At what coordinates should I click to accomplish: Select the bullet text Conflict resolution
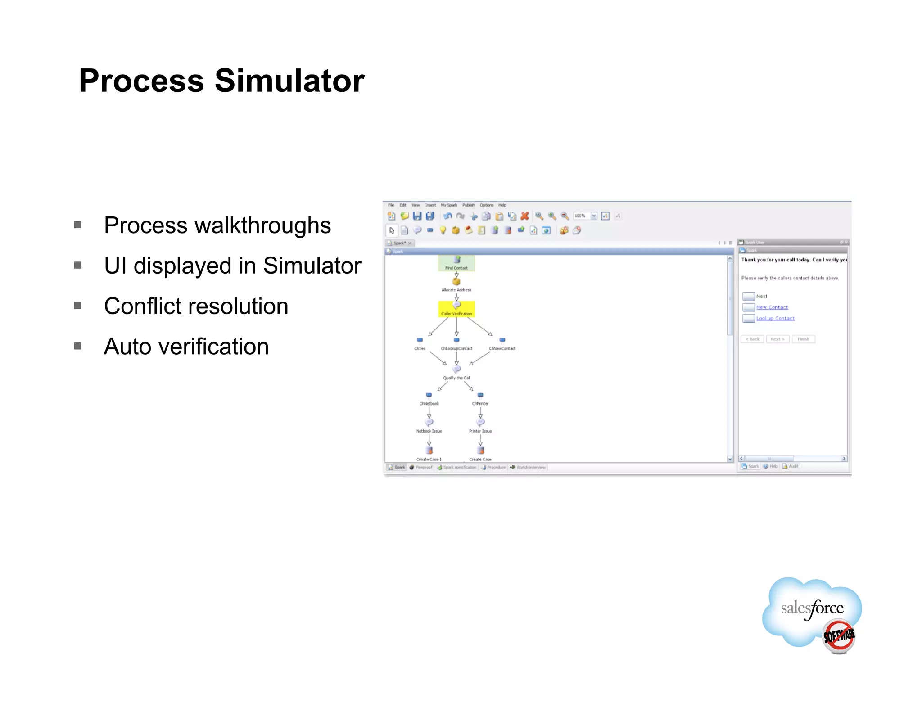click(196, 306)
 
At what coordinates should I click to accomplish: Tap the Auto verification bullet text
click(186, 347)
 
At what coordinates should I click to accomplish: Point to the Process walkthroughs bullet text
click(217, 225)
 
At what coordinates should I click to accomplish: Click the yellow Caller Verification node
click(456, 309)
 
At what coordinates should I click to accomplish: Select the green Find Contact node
click(456, 263)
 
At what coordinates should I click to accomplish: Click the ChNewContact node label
click(502, 348)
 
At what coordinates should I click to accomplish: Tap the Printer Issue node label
click(480, 431)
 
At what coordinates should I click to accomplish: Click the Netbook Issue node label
click(429, 431)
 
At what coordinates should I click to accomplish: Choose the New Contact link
click(772, 307)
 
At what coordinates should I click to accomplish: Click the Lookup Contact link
click(775, 318)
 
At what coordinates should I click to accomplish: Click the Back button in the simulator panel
click(752, 339)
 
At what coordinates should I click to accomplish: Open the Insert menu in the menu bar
click(430, 205)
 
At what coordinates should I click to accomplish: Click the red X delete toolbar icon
click(524, 216)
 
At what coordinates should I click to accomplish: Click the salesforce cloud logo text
click(812, 608)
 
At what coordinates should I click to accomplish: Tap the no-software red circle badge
click(838, 636)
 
